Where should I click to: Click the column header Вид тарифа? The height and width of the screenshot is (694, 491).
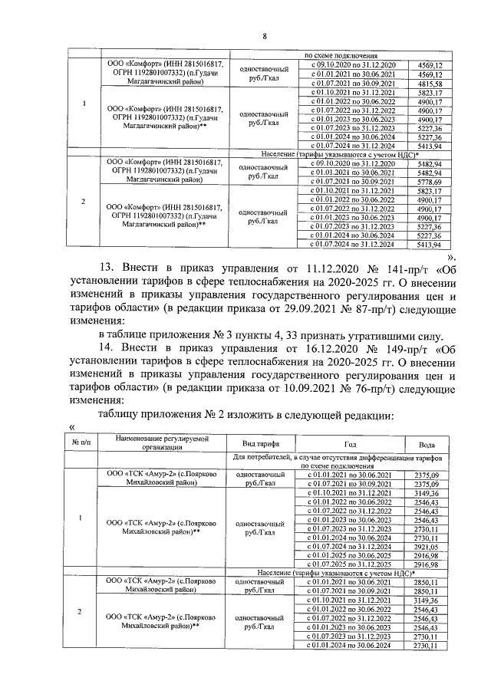(x=260, y=445)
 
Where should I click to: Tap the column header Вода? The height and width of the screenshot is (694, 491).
(x=430, y=445)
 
